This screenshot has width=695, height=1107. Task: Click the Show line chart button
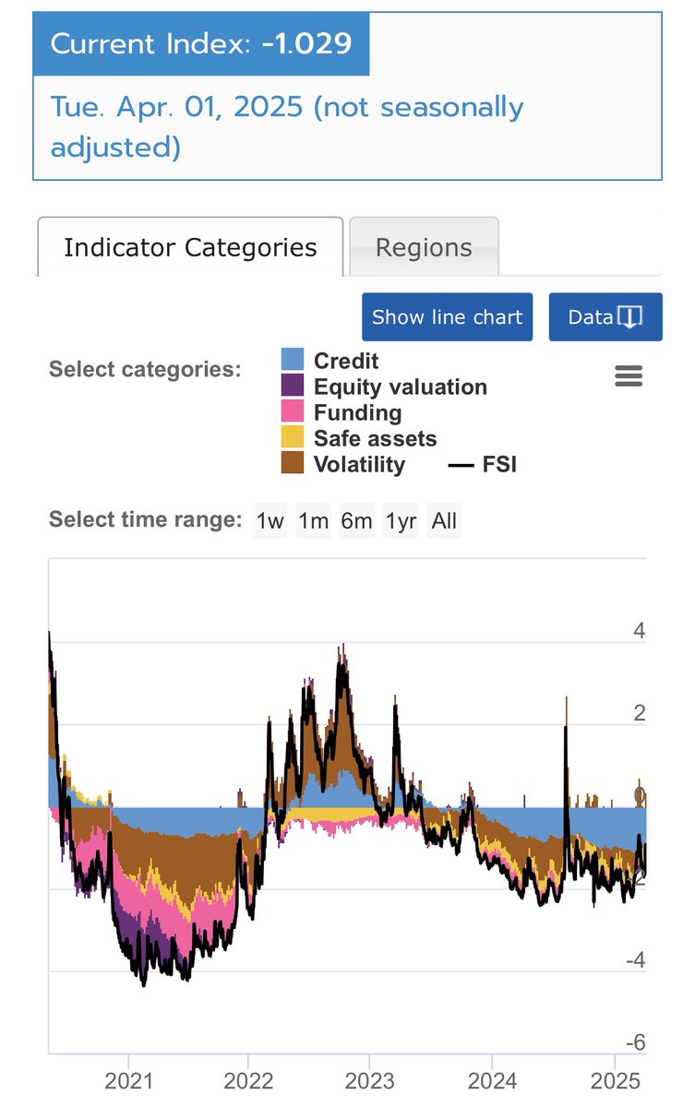click(447, 317)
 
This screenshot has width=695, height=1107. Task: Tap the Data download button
click(605, 317)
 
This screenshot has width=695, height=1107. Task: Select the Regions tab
click(424, 247)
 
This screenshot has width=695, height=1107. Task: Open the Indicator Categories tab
click(190, 247)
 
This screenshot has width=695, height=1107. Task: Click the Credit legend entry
click(345, 362)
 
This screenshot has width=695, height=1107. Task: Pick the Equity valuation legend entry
click(400, 387)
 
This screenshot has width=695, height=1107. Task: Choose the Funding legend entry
click(357, 412)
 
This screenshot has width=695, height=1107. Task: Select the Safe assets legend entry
click(375, 438)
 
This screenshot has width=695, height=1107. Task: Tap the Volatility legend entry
click(358, 464)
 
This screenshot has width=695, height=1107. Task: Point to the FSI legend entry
click(498, 464)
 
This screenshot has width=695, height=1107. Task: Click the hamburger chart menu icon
click(629, 376)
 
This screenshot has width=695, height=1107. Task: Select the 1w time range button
click(270, 521)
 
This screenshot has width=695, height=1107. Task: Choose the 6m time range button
click(356, 521)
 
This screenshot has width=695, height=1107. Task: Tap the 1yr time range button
click(401, 521)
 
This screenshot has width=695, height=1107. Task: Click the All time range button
click(444, 521)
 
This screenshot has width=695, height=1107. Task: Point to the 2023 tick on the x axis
click(369, 1080)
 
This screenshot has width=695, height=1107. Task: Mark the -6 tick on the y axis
click(634, 1042)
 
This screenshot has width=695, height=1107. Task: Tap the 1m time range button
click(313, 521)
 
